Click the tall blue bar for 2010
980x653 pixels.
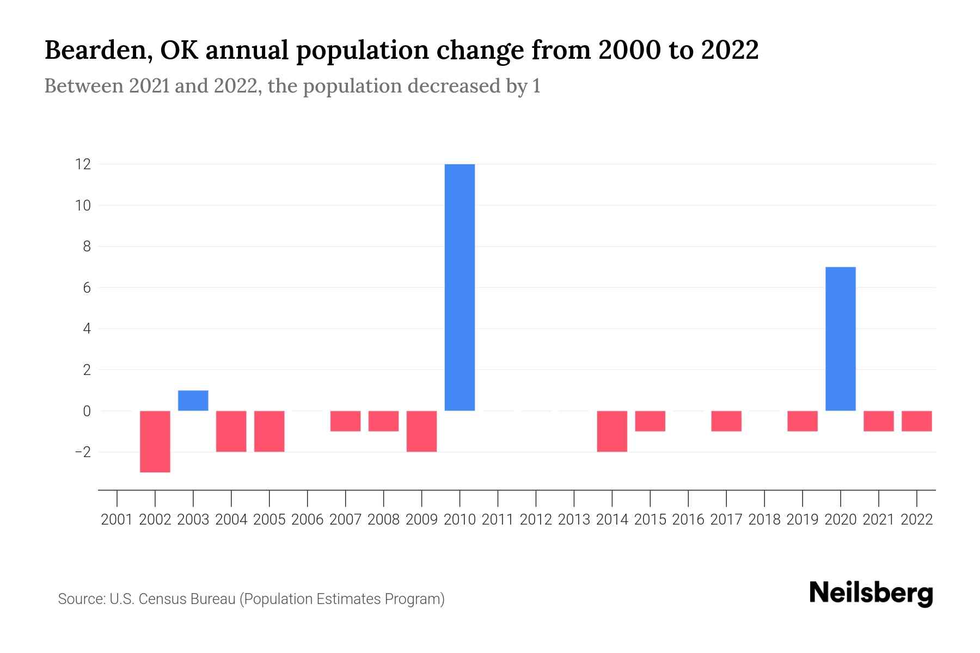(460, 287)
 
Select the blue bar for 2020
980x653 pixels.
(840, 338)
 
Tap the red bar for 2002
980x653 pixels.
(155, 441)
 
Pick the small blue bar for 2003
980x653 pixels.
(193, 401)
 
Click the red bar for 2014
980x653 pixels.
(612, 431)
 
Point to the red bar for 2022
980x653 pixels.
(916, 421)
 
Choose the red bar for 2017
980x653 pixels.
(726, 421)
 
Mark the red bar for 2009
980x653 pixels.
(421, 431)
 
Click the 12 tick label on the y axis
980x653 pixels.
(83, 164)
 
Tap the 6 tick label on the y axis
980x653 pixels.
(87, 288)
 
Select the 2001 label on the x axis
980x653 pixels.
(117, 520)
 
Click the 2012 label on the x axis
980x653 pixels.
(536, 520)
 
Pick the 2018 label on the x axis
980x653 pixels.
(764, 520)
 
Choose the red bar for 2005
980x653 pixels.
(269, 431)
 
